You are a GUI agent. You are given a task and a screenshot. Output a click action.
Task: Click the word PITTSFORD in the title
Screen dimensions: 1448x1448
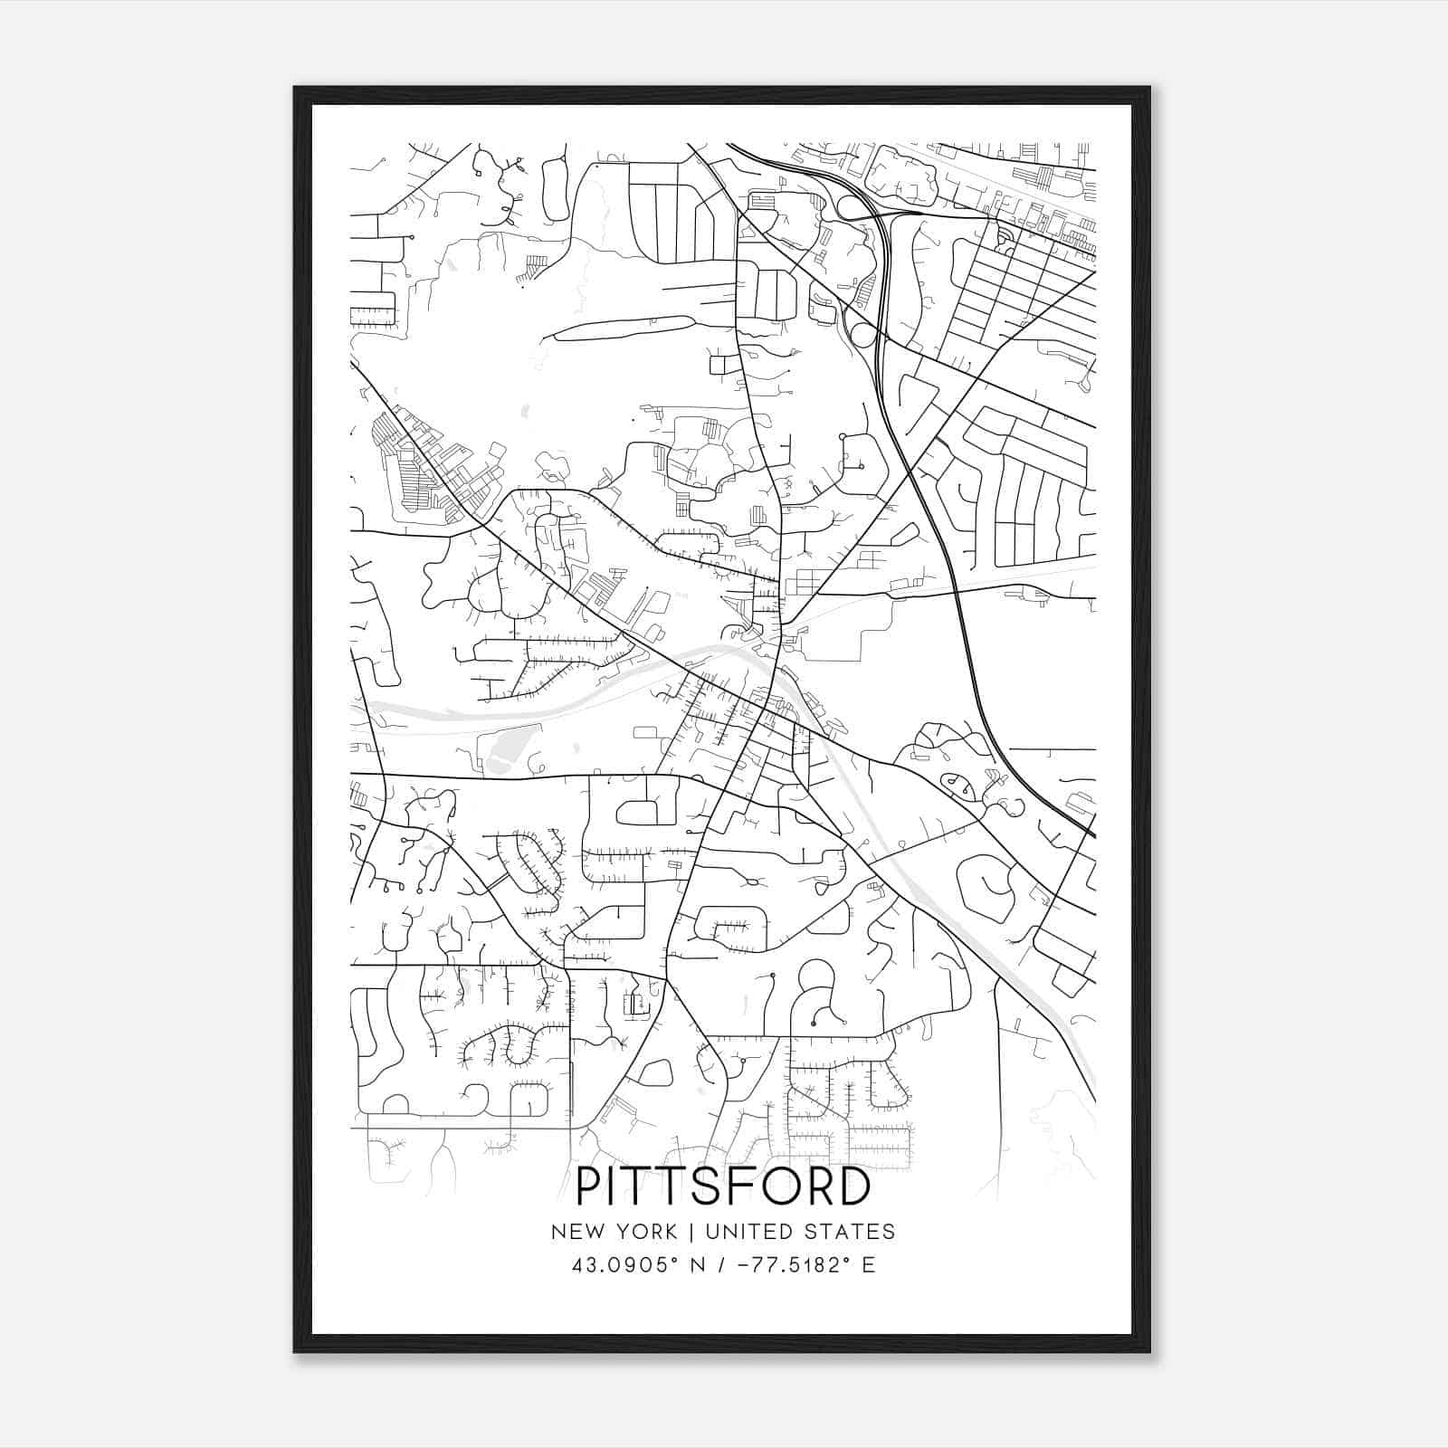point(723,1187)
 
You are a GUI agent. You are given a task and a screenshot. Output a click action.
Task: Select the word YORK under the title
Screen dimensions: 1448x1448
point(644,1232)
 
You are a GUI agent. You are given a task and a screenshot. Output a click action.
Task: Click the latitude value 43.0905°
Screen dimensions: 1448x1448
point(624,1265)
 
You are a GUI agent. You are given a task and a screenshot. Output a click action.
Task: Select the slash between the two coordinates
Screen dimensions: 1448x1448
point(720,1265)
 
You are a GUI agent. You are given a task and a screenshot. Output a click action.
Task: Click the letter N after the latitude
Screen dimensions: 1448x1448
point(697,1265)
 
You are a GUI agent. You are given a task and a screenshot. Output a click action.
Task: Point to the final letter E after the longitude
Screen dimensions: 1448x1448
point(869,1265)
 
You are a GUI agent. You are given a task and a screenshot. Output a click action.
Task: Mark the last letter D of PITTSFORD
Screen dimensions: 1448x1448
point(853,1187)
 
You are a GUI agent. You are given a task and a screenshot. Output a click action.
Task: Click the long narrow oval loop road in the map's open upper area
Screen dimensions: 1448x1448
point(624,327)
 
